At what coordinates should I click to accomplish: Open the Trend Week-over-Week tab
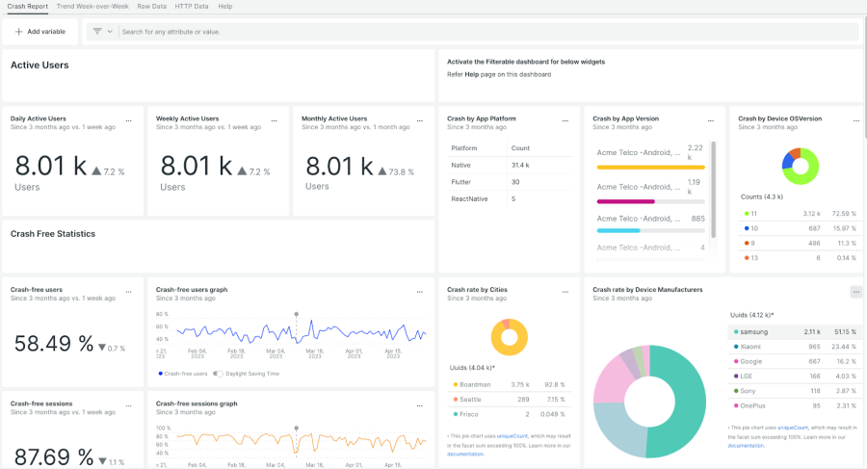pos(92,6)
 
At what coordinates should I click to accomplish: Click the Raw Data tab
pos(151,6)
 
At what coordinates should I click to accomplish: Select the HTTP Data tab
pos(192,6)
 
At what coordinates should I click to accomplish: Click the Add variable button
pos(40,32)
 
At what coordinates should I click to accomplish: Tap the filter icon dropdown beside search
pos(102,32)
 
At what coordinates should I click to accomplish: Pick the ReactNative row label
pos(469,198)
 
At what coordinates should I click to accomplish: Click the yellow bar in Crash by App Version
pos(650,167)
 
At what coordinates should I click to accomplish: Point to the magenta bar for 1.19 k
pos(626,201)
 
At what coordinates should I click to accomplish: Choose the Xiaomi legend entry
pos(752,347)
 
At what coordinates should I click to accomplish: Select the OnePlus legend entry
pos(755,406)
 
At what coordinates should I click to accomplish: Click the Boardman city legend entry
pos(475,384)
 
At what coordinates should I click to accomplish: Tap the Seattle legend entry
pos(471,399)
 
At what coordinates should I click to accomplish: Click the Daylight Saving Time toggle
pos(219,374)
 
